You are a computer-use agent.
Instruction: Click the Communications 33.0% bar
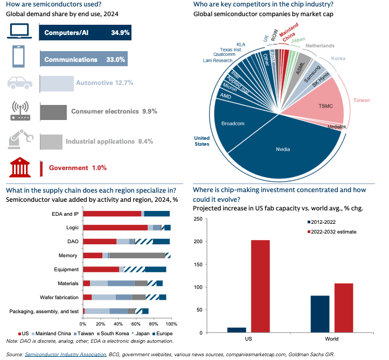click(x=84, y=59)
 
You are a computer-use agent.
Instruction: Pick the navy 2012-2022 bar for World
click(x=320, y=314)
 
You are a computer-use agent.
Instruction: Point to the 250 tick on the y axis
click(x=197, y=218)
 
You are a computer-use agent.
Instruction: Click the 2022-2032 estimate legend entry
click(x=337, y=232)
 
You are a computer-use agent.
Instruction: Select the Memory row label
click(x=68, y=255)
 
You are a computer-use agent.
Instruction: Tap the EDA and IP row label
click(x=65, y=214)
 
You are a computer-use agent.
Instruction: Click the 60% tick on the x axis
click(x=136, y=324)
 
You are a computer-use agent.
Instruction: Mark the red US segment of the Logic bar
click(x=115, y=228)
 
